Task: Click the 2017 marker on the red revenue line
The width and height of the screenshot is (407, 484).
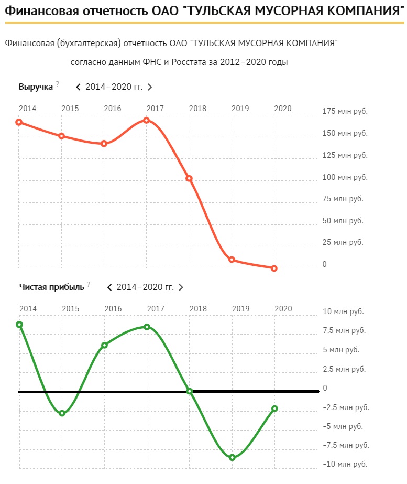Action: [147, 120]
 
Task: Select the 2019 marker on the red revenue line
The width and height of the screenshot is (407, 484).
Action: [232, 260]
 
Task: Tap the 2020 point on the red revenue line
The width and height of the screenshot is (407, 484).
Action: [274, 268]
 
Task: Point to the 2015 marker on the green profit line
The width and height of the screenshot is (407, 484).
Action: [62, 413]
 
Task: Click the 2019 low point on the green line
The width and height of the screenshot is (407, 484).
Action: [232, 457]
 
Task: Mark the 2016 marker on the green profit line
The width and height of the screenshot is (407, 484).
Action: [104, 345]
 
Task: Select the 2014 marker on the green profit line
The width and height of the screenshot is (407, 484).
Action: [19, 325]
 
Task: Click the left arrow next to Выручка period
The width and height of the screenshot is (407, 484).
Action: [79, 87]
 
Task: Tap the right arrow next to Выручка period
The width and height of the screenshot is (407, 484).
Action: [150, 87]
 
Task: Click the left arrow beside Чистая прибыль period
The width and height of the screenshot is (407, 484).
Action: [109, 287]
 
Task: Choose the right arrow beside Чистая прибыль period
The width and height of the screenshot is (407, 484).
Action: [181, 287]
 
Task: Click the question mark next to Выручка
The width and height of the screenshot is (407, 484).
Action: [58, 84]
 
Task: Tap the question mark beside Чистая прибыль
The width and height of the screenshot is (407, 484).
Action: [89, 284]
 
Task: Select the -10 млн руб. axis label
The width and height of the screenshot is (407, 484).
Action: [344, 464]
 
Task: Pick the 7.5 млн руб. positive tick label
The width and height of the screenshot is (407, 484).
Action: [344, 330]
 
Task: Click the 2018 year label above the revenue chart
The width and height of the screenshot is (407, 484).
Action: [197, 109]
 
